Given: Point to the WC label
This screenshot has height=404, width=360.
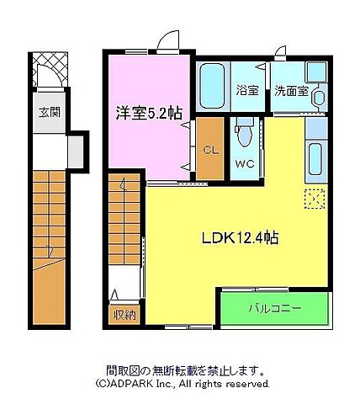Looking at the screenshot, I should pos(245,162).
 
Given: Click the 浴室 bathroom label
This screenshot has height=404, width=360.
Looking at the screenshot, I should pos(246,88).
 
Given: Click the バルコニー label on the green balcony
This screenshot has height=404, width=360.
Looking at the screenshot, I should pos(274,309).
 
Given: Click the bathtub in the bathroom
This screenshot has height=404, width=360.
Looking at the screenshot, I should pos(214,85).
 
